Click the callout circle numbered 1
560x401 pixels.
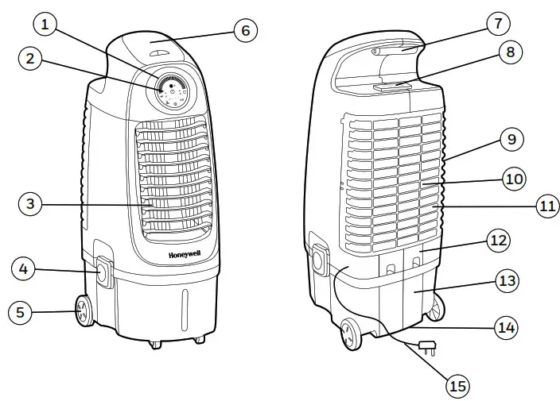point(45,25)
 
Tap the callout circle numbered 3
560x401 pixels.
point(29,204)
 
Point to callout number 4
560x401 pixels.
point(24,270)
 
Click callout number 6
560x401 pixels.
point(245,30)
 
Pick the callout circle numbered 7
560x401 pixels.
point(498,23)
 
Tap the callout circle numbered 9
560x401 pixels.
point(511,140)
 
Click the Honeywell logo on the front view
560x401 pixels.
point(183,256)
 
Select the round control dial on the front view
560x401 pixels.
point(171,91)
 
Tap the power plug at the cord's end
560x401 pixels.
point(426,345)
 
